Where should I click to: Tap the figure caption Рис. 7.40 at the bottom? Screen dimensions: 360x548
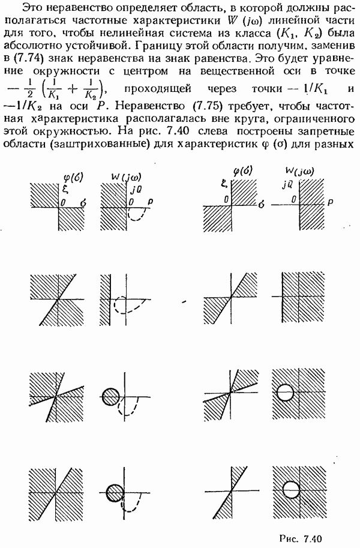301,538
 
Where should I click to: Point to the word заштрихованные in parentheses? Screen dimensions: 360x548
98,144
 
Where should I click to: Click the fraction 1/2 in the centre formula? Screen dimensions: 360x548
29,89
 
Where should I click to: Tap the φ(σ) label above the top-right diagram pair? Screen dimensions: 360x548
243,171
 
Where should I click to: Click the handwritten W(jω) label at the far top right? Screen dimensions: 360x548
299,171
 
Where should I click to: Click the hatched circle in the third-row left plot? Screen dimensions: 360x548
111,396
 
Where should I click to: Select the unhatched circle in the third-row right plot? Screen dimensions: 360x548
284,393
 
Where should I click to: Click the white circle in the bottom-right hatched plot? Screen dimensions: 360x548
291,489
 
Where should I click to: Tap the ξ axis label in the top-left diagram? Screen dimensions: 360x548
64,189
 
